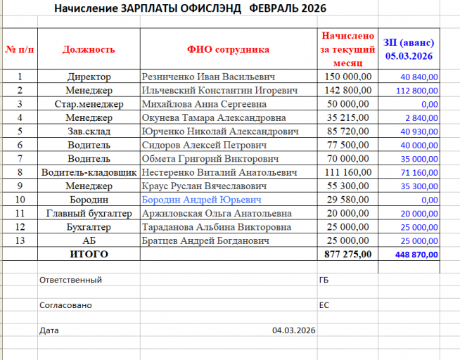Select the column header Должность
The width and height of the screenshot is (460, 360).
89,50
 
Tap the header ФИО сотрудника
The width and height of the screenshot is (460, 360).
228,50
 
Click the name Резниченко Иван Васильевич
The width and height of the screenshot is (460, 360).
208,77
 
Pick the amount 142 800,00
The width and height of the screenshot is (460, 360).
347,90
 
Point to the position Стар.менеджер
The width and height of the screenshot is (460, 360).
89,104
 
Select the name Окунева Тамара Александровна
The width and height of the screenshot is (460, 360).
214,117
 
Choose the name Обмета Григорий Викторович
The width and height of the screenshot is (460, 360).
210,159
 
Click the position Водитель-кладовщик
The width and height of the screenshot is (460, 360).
89,172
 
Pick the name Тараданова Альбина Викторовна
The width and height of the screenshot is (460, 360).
216,227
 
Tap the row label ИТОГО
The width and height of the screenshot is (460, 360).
89,254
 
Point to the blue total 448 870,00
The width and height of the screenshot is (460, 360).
416,255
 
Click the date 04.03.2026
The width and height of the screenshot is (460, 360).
293,330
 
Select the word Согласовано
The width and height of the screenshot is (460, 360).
65,305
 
